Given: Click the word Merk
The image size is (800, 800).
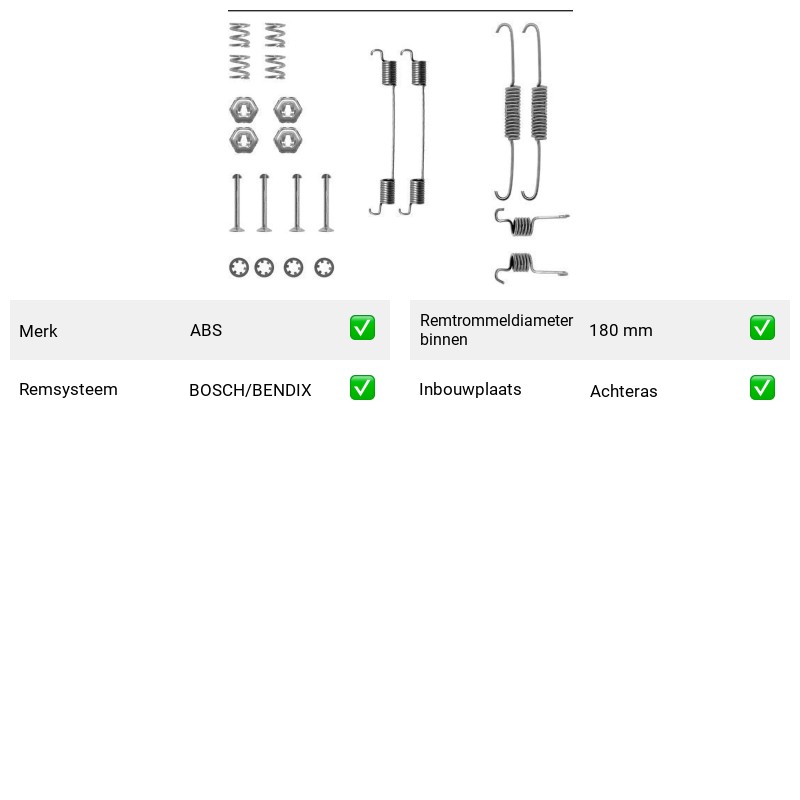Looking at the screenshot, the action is (38, 331).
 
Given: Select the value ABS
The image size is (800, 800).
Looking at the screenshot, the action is (206, 330).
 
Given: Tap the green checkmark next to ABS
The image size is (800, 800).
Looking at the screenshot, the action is (362, 328).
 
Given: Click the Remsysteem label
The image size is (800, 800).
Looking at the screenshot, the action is (68, 389).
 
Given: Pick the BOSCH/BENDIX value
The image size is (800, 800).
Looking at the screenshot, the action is (250, 390).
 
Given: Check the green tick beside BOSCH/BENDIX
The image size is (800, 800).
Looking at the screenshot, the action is (362, 388).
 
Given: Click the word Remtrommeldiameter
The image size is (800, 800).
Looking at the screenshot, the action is (496, 320).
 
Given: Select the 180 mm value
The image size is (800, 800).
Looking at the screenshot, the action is (621, 330).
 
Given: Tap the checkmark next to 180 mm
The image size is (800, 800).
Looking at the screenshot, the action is (762, 328).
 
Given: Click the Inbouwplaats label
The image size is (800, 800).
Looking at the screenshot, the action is (470, 389).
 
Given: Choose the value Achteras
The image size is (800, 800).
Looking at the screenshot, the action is (623, 391).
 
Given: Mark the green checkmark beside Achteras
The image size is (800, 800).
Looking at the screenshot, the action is (762, 388).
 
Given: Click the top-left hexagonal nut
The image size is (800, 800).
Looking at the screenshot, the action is (243, 110).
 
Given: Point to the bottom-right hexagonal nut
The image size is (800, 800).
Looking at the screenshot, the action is (288, 140).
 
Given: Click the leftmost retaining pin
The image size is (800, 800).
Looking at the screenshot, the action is (237, 203).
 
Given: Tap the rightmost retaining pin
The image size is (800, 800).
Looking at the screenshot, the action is (327, 203).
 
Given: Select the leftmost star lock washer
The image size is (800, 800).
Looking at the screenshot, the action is (239, 267).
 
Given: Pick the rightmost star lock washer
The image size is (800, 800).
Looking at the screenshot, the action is (324, 267).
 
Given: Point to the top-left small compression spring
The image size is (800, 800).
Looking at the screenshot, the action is (240, 35).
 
